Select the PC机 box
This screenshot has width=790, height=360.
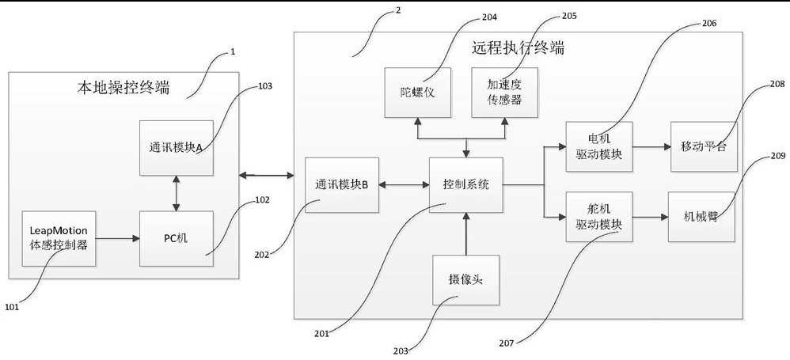point(176,238)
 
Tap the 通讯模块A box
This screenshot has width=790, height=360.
point(176,147)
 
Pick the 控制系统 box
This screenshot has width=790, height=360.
point(465,185)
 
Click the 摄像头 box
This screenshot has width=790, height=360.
point(465,279)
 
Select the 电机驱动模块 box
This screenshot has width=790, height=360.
point(599,146)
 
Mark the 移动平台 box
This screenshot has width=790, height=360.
point(703,146)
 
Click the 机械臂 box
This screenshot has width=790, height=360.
point(703,216)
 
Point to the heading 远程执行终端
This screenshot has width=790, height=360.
point(518,47)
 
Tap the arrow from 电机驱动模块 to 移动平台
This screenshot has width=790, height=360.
point(651,146)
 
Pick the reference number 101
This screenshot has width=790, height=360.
point(14,305)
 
